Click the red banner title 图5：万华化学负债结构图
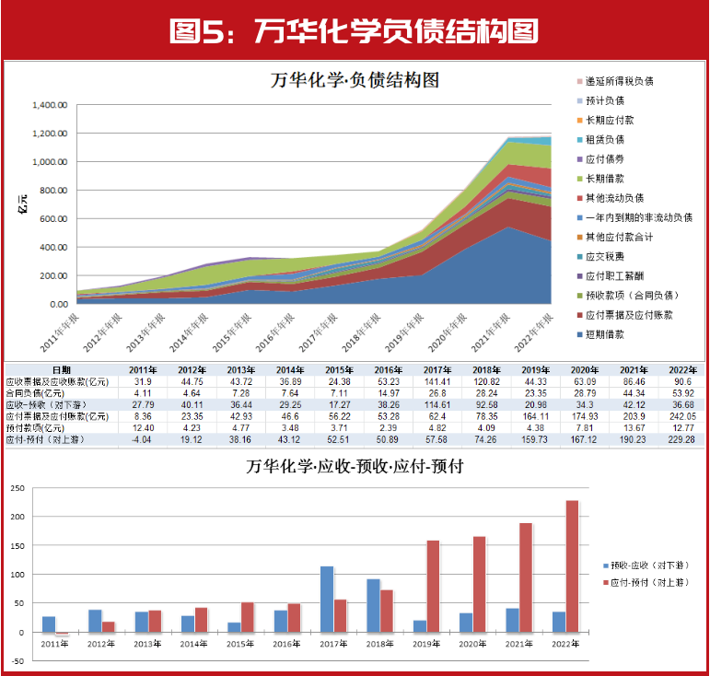click(x=355, y=31)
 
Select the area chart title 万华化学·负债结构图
click(x=355, y=80)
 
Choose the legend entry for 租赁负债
click(x=612, y=140)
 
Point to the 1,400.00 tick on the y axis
click(x=52, y=105)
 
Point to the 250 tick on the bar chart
click(x=16, y=488)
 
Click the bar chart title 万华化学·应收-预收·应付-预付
click(x=355, y=466)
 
